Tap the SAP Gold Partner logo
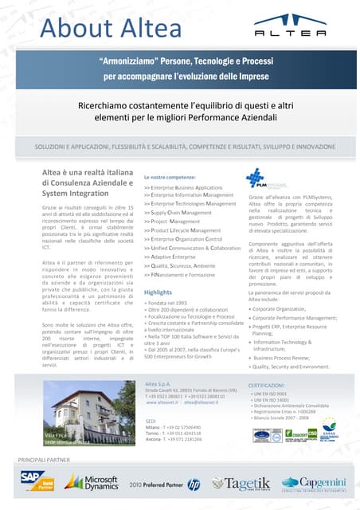point(35,481)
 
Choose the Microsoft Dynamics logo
point(92,482)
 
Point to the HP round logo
point(194,483)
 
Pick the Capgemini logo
point(311,483)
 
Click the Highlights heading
point(158,292)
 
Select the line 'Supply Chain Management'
point(178,213)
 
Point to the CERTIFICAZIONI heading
point(272,385)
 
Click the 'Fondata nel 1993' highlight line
point(166,303)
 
